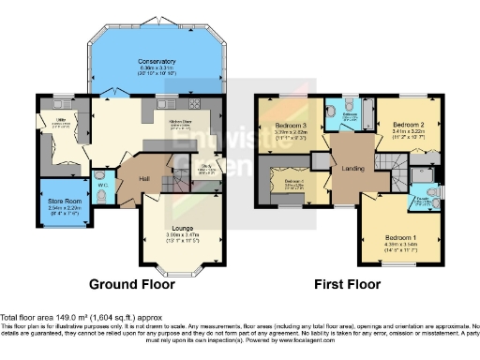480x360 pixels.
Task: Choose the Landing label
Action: (x=352, y=169)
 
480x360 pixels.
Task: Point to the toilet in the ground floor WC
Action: (x=99, y=172)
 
